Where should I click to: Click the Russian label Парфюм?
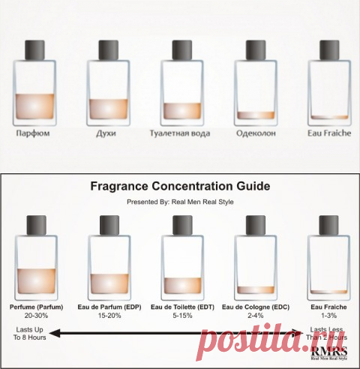pos(33,133)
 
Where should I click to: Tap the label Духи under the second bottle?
pos(106,133)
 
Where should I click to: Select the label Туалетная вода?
pos(180,133)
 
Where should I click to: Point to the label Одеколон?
pos(256,133)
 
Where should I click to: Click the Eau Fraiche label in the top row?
pos(329,133)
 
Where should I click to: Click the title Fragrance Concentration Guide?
pos(180,186)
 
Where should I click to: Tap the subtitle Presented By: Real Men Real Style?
pos(180,202)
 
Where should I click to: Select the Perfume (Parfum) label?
pos(36,307)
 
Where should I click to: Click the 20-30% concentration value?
pos(36,316)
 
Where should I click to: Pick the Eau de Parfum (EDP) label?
pos(109,307)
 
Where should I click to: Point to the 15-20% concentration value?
pos(109,316)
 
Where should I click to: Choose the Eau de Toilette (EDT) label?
pos(182,307)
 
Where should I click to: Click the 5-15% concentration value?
pos(182,316)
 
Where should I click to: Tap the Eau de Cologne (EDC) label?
pos(256,307)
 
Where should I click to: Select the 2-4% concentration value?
pos(256,316)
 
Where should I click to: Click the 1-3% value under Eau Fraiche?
pos(329,316)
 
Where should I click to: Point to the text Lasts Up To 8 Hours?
pos(30,334)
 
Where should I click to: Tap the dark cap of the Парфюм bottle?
pos(34,50)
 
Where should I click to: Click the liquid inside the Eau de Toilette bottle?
pos(183,286)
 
